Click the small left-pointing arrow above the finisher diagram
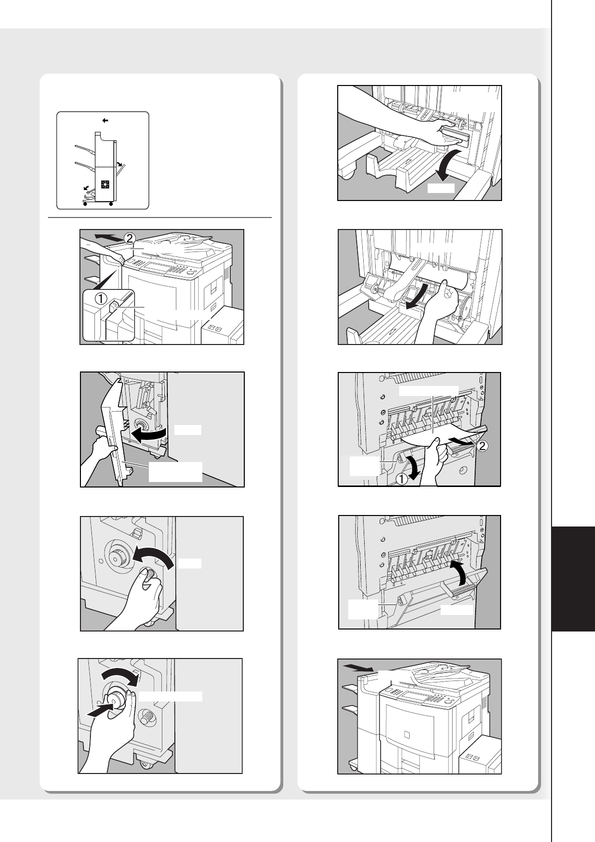pyautogui.click(x=105, y=120)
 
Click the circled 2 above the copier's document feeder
pyautogui.click(x=129, y=238)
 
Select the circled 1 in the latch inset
pyautogui.click(x=101, y=298)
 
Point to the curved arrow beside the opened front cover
pyautogui.click(x=149, y=434)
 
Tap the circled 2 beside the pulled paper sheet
pyautogui.click(x=483, y=446)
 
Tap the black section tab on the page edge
pyautogui.click(x=574, y=579)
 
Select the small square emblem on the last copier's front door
pyautogui.click(x=407, y=734)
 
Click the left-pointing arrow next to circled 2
pyautogui.click(x=108, y=237)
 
